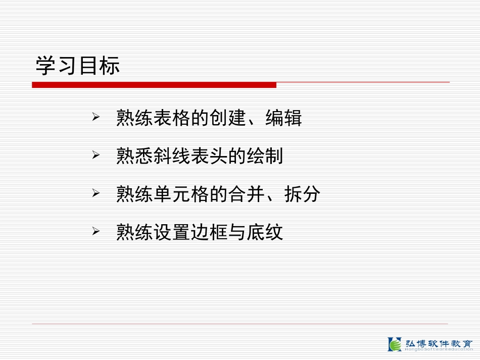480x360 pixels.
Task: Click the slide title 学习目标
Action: tap(78, 66)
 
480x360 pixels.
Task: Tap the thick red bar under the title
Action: tap(154, 85)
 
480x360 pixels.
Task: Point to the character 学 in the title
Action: tap(45, 66)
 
